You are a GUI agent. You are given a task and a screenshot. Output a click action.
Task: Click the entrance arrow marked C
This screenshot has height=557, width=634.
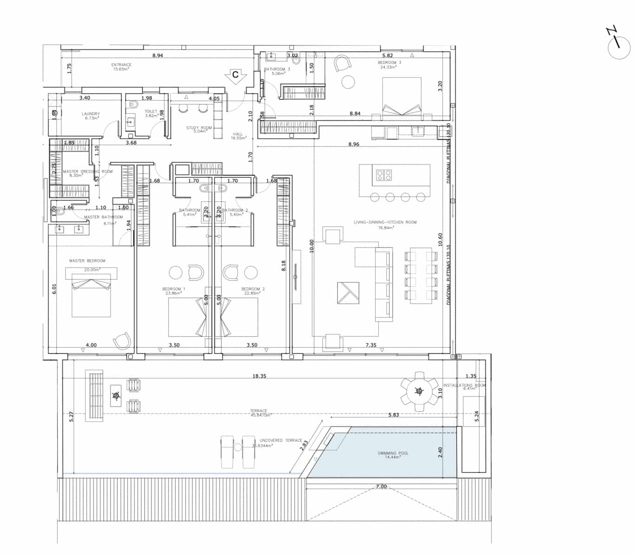(x=236, y=75)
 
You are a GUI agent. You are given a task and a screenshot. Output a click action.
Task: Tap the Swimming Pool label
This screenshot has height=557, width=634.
(x=393, y=453)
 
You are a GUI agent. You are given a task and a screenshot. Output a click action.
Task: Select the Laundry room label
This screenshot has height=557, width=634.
(x=91, y=114)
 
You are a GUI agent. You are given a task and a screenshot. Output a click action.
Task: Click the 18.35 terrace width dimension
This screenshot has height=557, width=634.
(x=259, y=376)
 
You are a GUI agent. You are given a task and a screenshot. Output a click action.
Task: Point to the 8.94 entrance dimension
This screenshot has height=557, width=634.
(x=158, y=56)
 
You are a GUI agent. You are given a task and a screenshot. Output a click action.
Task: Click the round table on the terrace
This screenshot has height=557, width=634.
(x=420, y=392)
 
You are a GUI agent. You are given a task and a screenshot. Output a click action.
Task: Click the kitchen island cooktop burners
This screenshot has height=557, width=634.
(x=384, y=175)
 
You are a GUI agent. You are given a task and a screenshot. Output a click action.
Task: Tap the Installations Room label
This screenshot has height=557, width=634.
(x=464, y=385)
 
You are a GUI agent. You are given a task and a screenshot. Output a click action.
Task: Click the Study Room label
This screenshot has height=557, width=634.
(x=199, y=128)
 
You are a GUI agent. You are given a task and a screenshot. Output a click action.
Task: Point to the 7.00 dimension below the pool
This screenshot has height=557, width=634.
(x=381, y=486)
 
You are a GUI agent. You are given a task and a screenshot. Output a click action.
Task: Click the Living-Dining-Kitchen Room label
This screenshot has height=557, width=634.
(x=385, y=222)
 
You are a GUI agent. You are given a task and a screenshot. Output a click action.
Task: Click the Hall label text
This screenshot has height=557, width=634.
(x=238, y=134)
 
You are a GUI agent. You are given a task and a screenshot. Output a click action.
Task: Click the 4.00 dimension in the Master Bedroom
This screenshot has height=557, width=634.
(x=91, y=345)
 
